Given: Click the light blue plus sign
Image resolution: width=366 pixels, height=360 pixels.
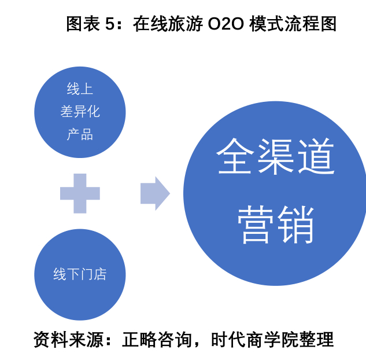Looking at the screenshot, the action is [80, 193].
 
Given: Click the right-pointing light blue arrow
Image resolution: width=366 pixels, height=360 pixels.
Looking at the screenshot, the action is [154, 193].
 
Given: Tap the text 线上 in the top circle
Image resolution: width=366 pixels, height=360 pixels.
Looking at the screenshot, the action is [80, 89].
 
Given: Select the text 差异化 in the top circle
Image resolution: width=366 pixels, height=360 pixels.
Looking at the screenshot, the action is [80, 112].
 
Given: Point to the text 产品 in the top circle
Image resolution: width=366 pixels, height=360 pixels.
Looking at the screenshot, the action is [80, 135].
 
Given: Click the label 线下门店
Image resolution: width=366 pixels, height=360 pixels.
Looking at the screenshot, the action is [80, 274].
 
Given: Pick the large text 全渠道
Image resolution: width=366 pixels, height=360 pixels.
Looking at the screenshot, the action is [276, 156].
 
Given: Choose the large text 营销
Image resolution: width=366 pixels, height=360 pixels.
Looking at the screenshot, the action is [276, 224].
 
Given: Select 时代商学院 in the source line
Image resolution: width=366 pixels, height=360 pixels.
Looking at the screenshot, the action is [254, 340].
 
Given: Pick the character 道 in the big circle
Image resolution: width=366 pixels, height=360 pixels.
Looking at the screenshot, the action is [316, 156].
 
